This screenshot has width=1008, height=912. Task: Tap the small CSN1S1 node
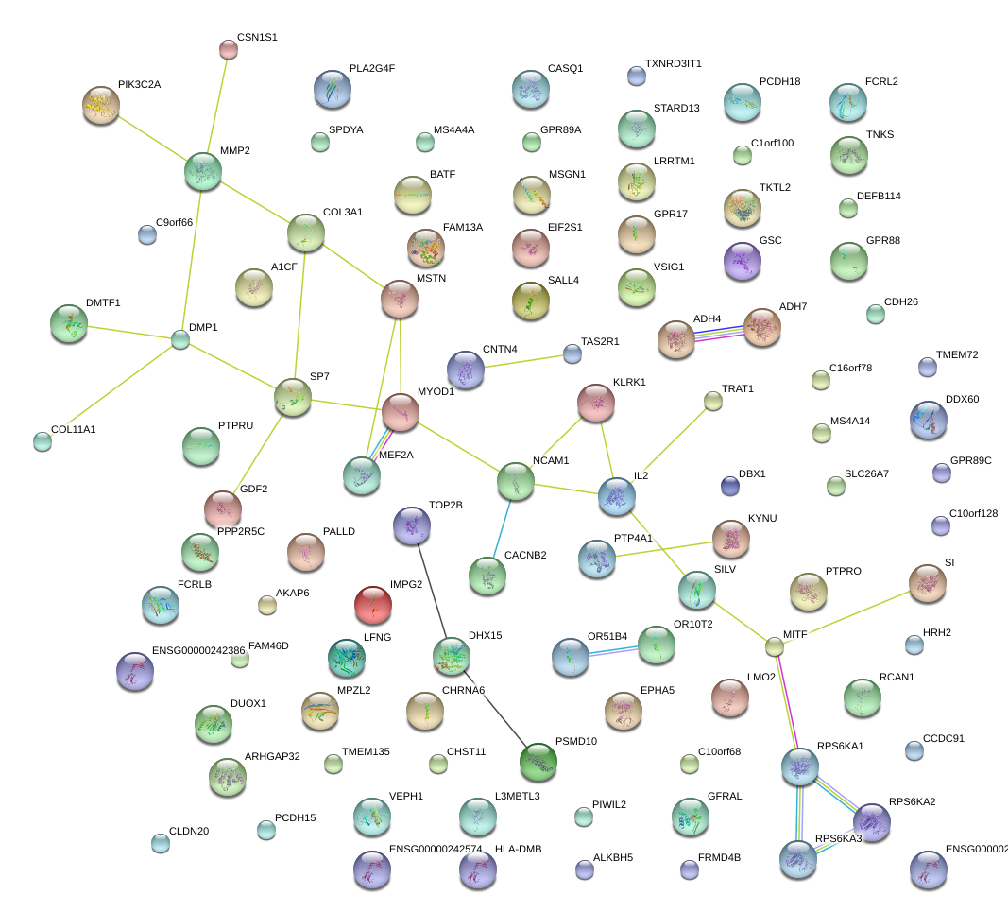pos(228,48)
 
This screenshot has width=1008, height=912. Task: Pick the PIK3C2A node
pos(101,105)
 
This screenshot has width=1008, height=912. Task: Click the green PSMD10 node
pos(538,762)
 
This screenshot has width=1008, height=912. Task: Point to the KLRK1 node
pos(596,403)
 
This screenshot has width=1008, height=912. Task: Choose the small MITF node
pos(775,646)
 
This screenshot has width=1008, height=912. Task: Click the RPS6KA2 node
pos(872,823)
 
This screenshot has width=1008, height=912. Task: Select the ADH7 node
pos(762,327)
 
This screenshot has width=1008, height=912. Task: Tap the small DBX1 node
pos(729,486)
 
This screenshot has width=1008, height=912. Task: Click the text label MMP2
pos(235,150)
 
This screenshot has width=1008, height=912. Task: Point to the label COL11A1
pos(74,429)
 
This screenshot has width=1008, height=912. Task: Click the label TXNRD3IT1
pos(673,64)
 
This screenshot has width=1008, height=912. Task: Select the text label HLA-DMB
pos(518,849)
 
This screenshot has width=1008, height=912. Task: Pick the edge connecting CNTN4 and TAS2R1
pos(527,361)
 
